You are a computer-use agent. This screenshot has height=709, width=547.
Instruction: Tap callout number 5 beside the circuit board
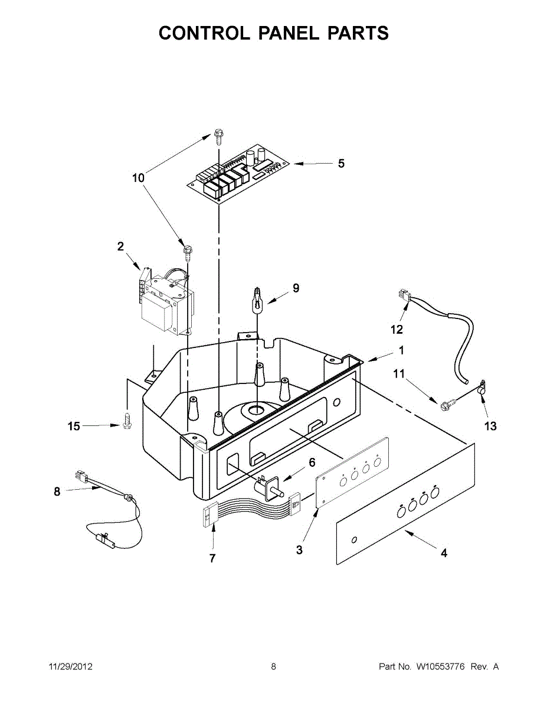coord(341,164)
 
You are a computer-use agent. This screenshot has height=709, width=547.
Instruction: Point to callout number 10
coord(138,177)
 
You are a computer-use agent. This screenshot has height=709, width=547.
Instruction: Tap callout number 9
coord(296,288)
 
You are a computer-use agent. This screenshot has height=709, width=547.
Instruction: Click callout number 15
coord(74,426)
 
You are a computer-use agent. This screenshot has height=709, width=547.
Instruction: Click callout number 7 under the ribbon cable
coord(212,558)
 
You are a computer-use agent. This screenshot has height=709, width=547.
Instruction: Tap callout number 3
coord(300,550)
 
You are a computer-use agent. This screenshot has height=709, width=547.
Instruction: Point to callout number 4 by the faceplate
coord(444,554)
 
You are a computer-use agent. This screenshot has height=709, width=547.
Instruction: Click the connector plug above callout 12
coord(404,297)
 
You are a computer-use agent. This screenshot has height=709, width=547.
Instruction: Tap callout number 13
coord(490,426)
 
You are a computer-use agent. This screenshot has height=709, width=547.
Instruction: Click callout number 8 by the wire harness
coord(57,491)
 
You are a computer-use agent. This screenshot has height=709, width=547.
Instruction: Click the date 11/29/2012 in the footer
coord(70,666)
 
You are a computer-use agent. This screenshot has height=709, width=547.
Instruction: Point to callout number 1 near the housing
coord(401,350)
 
